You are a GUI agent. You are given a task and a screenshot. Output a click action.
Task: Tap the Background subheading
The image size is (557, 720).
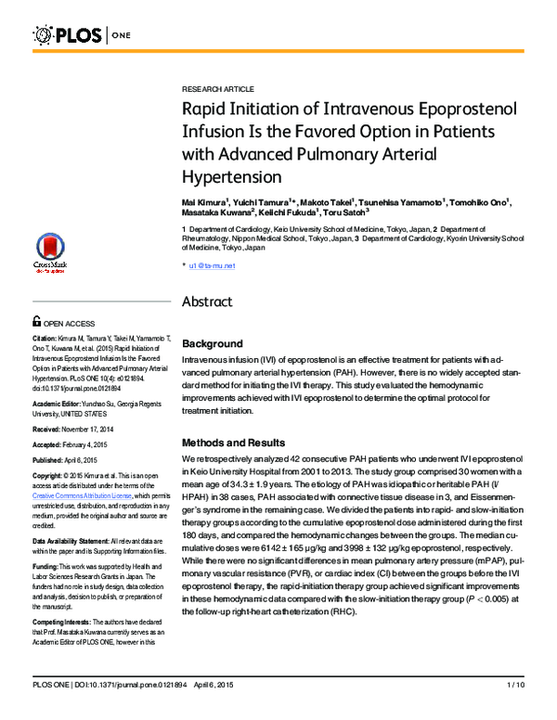pos(213,343)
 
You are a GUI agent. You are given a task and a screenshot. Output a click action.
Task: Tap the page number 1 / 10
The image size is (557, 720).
pos(515,710)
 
